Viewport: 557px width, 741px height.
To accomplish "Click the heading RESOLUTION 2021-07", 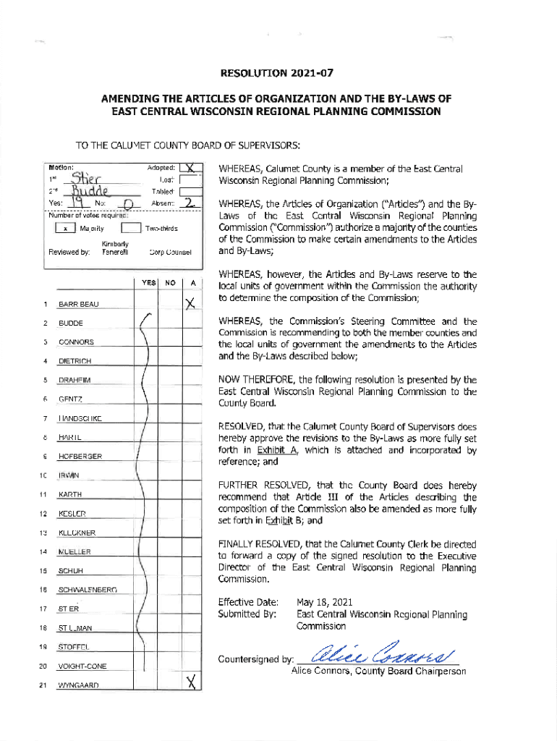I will [x=278, y=73].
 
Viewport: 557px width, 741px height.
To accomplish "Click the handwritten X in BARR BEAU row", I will [x=190, y=303].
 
